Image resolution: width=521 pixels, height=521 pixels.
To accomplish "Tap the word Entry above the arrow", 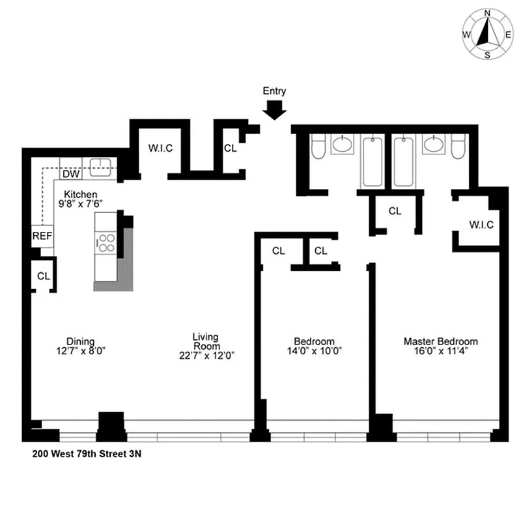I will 274,92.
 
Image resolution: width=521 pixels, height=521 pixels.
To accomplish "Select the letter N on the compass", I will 487,12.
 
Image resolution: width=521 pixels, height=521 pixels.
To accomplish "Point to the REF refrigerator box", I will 42,236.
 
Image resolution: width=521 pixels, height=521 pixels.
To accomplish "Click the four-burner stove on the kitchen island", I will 106,242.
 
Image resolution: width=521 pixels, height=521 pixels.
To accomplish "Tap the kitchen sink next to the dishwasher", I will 100,165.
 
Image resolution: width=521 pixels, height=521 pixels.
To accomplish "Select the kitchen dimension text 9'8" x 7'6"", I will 81,203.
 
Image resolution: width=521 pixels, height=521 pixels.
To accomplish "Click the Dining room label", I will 81,341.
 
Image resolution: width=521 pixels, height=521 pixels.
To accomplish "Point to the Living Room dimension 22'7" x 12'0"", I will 204,356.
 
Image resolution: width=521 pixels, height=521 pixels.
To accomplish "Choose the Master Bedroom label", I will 440,341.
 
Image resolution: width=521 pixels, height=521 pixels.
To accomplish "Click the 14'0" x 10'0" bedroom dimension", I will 314,350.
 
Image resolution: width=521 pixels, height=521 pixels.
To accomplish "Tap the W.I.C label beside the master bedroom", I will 481,225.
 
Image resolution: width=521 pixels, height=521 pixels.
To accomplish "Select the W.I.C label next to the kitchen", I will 160,148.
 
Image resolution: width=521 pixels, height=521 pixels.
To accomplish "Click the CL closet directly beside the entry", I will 230,148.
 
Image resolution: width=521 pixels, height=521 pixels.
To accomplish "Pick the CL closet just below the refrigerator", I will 43,276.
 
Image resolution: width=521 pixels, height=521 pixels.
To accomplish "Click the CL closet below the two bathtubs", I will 395,211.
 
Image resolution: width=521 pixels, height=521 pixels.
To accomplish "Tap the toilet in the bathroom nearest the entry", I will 318,148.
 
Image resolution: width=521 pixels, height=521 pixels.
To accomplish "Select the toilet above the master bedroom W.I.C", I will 458,148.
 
